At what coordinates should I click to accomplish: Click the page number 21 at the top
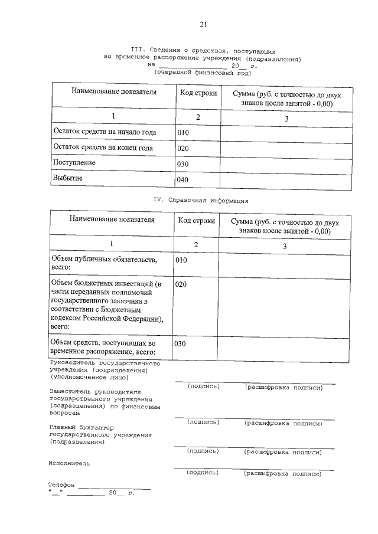coord(203,24)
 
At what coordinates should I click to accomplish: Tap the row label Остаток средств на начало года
coord(104,132)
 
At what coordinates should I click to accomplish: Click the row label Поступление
coord(74,162)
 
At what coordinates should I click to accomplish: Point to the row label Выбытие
coord(68,178)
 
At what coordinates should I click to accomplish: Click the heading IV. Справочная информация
coord(201,200)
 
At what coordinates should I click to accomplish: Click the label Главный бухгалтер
coord(81,427)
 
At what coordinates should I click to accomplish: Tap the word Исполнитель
coord(69,463)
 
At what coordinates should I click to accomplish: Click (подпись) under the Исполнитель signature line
coord(203,473)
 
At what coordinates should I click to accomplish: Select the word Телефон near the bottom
coord(62,485)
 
